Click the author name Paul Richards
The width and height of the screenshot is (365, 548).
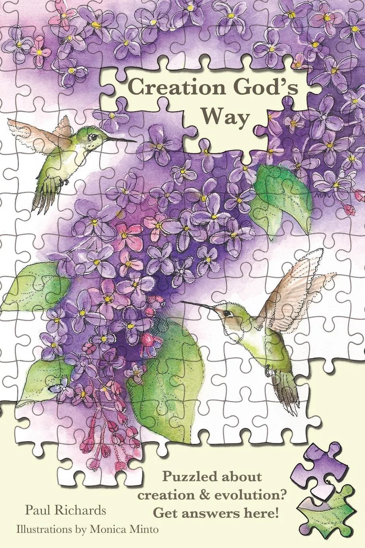[x=66, y=511]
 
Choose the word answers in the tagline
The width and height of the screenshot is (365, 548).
[x=219, y=513]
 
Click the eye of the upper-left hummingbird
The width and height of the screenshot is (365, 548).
[x=94, y=137]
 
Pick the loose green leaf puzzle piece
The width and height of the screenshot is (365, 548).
[x=328, y=512]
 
